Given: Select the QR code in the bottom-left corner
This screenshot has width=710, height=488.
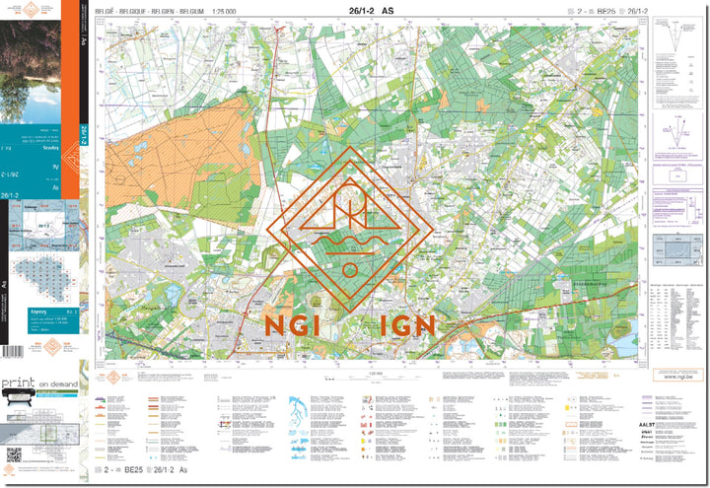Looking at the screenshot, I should pyautogui.click(x=14, y=454).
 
